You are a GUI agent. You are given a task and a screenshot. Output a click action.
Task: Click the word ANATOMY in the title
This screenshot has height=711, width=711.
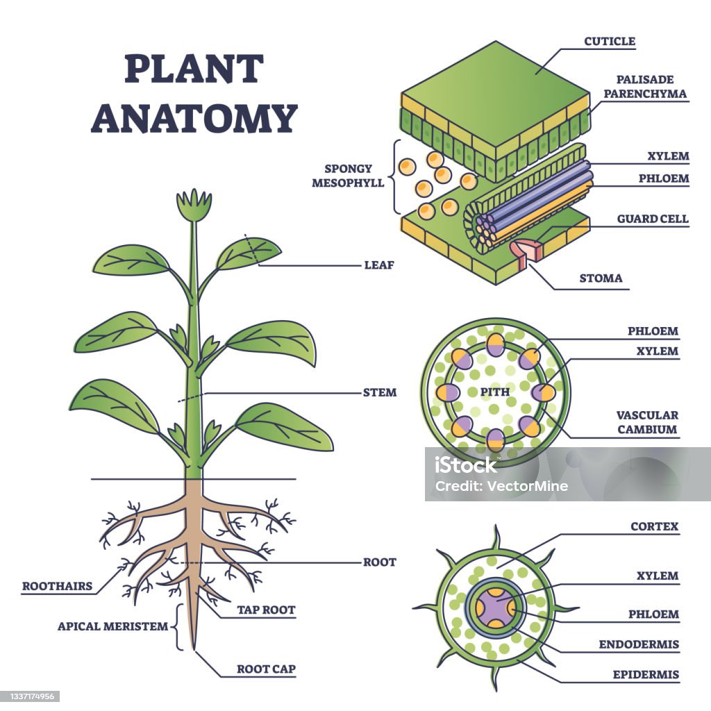point(194,117)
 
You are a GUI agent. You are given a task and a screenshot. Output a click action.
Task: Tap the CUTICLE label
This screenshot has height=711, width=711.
point(609,42)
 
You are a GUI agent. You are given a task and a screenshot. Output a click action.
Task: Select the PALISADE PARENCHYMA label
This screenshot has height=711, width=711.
point(644,87)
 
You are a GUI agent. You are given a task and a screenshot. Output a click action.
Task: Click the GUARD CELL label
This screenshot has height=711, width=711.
point(653,219)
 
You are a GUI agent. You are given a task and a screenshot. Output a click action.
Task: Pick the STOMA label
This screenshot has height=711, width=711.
point(601,278)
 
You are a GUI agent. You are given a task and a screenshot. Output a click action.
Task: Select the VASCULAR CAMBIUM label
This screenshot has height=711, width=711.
point(647,422)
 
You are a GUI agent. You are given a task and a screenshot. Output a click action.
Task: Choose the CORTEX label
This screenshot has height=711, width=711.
point(654,527)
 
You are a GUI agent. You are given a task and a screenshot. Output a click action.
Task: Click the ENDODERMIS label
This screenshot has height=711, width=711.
point(639,644)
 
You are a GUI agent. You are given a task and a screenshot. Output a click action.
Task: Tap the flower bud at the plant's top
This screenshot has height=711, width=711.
point(194,205)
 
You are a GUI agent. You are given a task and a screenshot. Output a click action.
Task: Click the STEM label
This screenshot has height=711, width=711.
point(379,392)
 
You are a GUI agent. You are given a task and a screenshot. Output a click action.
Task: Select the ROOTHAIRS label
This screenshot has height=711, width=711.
point(57,586)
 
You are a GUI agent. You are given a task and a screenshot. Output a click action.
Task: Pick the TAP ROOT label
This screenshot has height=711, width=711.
point(266,610)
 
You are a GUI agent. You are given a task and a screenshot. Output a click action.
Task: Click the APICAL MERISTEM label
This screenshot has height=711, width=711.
point(112,626)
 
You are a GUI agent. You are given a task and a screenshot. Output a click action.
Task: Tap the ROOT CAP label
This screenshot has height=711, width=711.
point(266,670)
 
